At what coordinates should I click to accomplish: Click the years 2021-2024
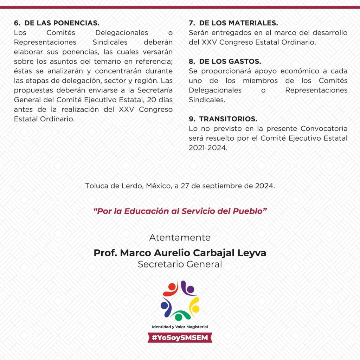pyautogui.click(x=208, y=148)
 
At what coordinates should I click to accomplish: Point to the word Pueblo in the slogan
pyautogui.click(x=250, y=211)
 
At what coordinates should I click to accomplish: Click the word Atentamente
pyautogui.click(x=180, y=237)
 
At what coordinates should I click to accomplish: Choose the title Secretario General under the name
pyautogui.click(x=180, y=264)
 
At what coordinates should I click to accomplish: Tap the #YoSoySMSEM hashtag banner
pyautogui.click(x=180, y=337)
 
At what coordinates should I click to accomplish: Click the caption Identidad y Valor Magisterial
pyautogui.click(x=180, y=327)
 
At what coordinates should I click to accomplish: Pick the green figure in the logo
pyautogui.click(x=180, y=315)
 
